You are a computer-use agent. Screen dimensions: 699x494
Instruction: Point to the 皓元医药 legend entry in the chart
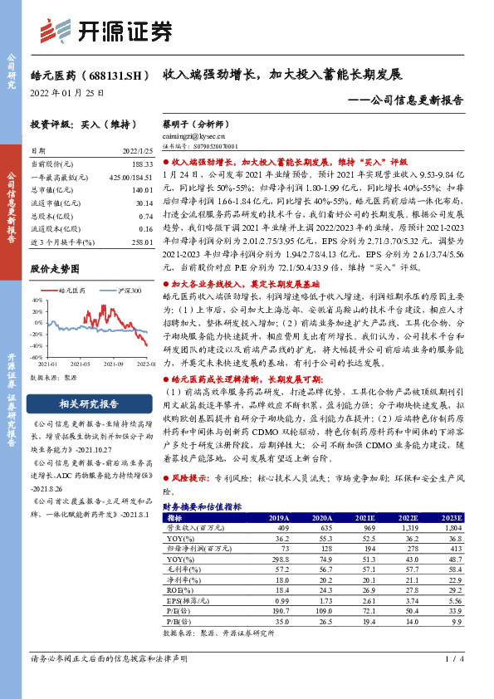(x=72, y=291)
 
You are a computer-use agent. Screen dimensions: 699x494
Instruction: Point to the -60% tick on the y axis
(x=37, y=357)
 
